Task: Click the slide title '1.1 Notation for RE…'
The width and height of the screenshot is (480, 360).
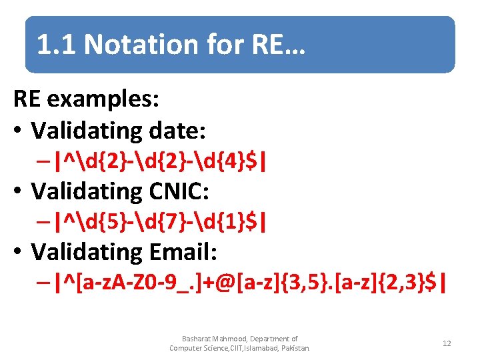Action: (171, 45)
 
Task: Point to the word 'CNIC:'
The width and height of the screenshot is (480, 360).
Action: (175, 191)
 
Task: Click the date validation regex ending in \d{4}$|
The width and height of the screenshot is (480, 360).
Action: (163, 161)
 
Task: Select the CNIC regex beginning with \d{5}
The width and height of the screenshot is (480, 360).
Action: (163, 222)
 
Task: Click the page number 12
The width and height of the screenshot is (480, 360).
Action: (447, 343)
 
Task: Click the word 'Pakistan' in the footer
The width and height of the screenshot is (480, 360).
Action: (295, 347)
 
